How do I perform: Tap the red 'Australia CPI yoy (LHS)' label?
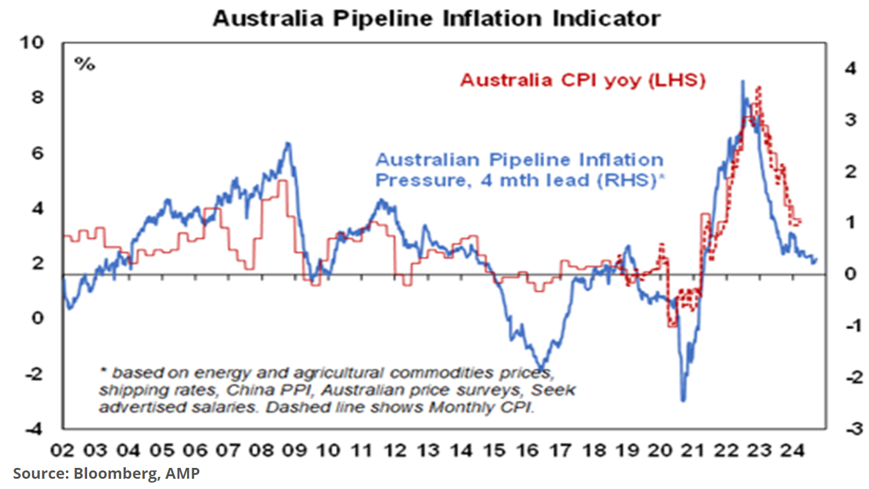pos(583,81)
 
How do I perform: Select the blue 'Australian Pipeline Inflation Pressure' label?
pos(519,169)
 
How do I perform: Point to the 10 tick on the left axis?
pos(33,43)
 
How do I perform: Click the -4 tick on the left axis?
pos(33,429)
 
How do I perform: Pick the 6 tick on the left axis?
pos(37,154)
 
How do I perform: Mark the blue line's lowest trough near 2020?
pos(683,401)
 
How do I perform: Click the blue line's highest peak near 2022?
pos(742,81)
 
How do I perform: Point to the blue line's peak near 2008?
pos(288,143)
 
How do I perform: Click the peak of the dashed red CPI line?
pos(759,86)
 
